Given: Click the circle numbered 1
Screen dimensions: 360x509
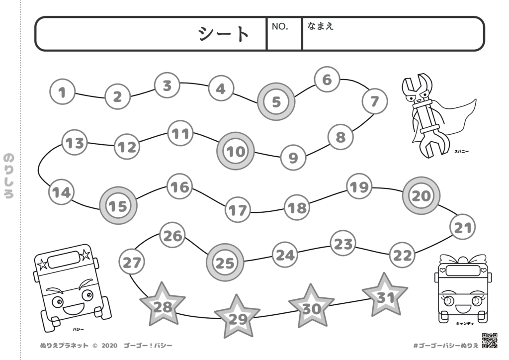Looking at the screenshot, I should click(x=62, y=92).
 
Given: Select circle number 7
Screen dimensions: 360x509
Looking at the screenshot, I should click(x=374, y=101).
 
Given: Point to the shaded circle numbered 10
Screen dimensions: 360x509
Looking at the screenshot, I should click(x=236, y=151).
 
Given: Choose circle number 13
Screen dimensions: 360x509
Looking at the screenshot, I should click(x=75, y=144).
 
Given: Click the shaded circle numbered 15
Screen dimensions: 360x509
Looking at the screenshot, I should click(x=118, y=205).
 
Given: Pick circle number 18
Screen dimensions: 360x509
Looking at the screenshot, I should click(x=297, y=207).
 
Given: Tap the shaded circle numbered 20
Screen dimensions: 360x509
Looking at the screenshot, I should click(x=421, y=195).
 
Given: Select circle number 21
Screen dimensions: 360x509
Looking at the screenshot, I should click(x=462, y=228).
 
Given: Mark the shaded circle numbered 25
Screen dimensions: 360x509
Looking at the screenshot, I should click(x=225, y=263).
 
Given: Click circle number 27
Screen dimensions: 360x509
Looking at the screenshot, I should click(x=132, y=262).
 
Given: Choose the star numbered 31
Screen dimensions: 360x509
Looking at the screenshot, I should click(x=385, y=297).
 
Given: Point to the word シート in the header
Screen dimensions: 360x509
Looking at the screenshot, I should click(x=224, y=34).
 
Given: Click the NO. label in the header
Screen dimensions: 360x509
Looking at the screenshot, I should click(x=280, y=26).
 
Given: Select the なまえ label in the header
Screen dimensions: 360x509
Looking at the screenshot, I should click(x=320, y=26).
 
